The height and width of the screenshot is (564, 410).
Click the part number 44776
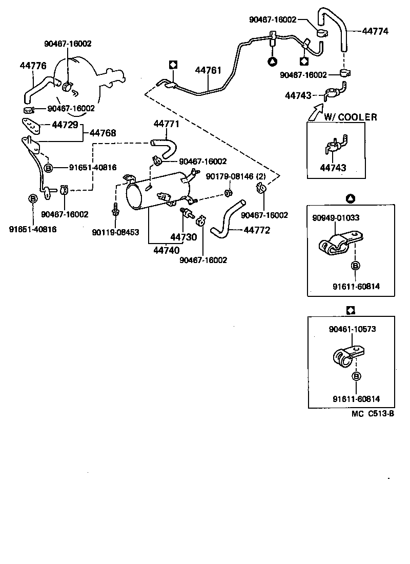click(x=33, y=66)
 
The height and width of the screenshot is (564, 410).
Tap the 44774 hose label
click(x=376, y=31)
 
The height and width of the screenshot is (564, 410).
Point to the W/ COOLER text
click(x=350, y=117)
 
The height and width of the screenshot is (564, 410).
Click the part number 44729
click(x=65, y=125)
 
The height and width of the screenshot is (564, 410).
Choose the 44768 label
click(x=103, y=133)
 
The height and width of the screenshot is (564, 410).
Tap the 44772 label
click(x=256, y=230)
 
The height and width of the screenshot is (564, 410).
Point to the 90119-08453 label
click(x=115, y=232)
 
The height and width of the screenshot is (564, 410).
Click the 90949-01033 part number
click(x=336, y=217)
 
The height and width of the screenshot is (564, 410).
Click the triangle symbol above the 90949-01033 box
click(x=351, y=198)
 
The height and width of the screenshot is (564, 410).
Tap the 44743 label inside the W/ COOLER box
click(x=333, y=168)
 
